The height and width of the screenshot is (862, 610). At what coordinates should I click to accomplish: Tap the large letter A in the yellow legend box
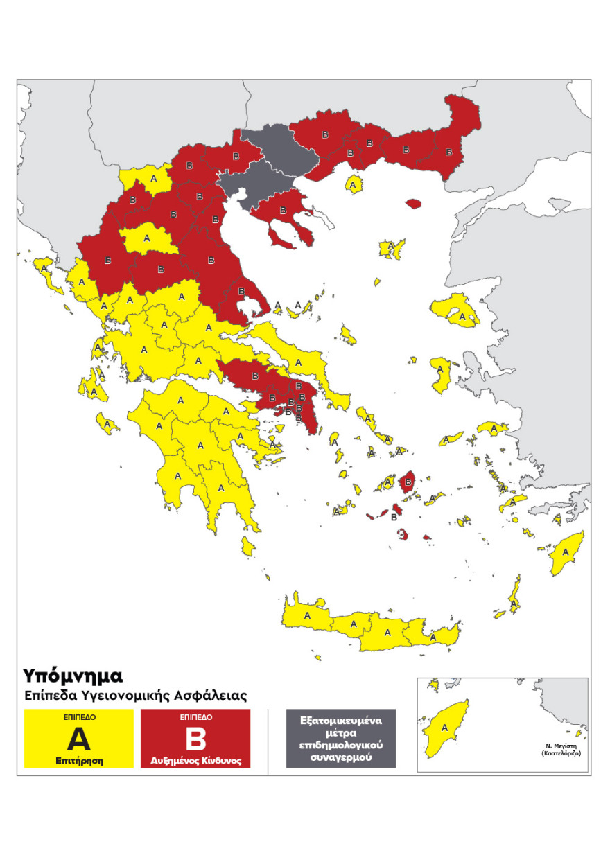79,739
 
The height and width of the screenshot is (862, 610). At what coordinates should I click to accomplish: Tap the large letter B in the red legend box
195,739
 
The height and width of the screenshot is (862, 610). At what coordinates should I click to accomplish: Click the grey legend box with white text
340,738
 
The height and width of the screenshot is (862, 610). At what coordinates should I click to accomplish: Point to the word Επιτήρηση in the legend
79,760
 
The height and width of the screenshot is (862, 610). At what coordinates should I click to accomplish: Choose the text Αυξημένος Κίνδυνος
195,760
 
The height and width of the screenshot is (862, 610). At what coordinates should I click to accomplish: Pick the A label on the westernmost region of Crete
307,615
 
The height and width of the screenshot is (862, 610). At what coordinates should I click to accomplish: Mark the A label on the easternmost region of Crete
433,636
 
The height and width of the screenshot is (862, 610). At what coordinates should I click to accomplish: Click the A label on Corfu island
44,268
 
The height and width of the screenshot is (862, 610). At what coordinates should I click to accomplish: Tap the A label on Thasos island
354,186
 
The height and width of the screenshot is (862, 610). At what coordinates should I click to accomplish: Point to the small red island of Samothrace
414,204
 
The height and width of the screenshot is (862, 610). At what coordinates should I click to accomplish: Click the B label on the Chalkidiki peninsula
282,210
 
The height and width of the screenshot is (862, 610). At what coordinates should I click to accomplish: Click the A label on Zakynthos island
107,421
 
